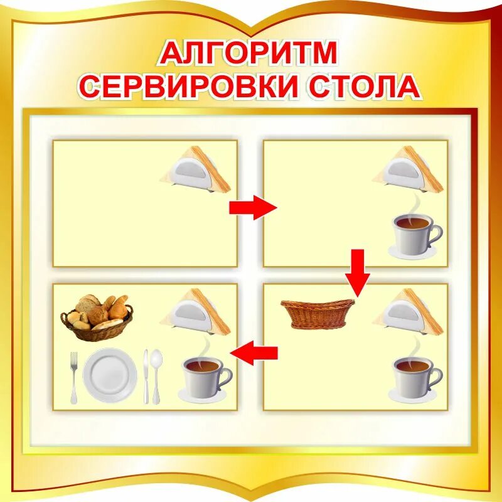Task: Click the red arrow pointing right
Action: click(252, 207)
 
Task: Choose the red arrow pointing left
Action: click(254, 353)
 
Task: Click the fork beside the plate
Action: click(73, 376)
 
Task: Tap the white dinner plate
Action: click(110, 376)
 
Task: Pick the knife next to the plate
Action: click(146, 376)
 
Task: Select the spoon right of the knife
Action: click(156, 375)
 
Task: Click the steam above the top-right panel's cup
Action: click(415, 204)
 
